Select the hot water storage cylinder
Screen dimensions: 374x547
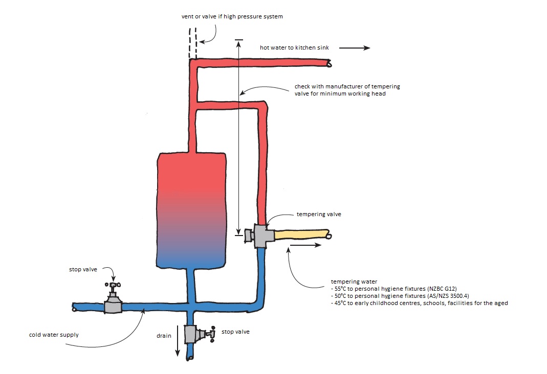click(x=191, y=209)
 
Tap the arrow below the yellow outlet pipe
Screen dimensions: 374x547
click(x=305, y=245)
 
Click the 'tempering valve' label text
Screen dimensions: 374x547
click(x=319, y=215)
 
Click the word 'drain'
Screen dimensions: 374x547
click(x=164, y=336)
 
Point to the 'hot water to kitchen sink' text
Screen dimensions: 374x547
click(x=294, y=48)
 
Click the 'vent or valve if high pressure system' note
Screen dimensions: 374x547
click(x=232, y=16)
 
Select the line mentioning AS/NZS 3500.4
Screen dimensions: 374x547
click(x=401, y=296)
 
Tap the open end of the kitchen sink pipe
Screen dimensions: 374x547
click(x=329, y=64)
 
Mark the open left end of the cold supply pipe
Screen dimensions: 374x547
click(x=75, y=308)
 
